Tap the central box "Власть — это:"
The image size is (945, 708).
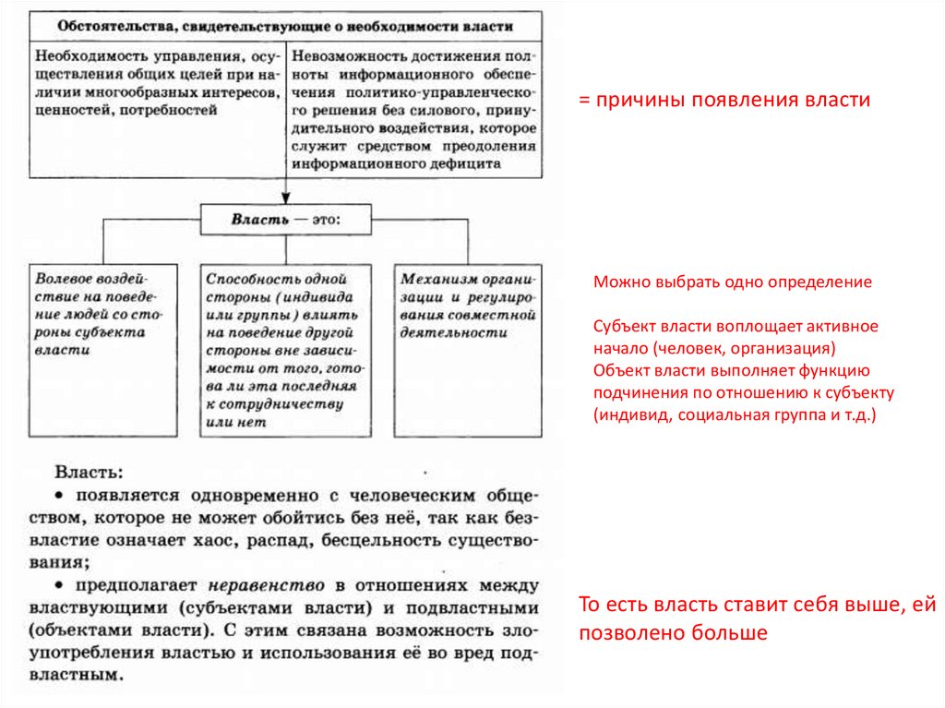click(285, 221)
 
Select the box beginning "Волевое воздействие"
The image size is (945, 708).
click(102, 349)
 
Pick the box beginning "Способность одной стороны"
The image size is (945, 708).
click(286, 349)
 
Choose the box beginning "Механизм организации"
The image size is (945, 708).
click(468, 349)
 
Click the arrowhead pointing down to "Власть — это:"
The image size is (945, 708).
click(285, 198)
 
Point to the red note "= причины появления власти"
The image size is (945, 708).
click(724, 101)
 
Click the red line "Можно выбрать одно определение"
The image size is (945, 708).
click(732, 282)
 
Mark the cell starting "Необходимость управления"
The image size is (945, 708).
click(158, 83)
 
